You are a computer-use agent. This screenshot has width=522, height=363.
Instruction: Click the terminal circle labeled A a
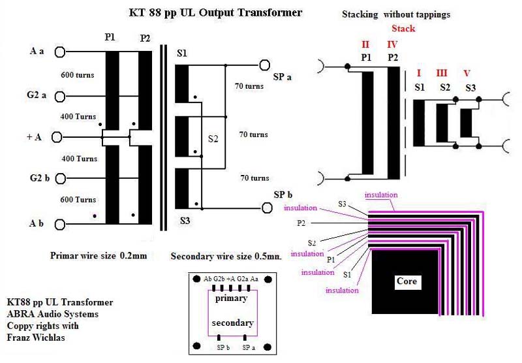59,51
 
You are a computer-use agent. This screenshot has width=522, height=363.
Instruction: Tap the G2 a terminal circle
59,97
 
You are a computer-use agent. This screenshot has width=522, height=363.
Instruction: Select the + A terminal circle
57,138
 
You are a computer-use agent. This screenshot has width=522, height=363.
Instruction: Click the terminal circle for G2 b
59,178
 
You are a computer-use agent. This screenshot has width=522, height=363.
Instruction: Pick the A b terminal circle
59,224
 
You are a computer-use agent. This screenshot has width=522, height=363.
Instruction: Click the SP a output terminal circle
264,65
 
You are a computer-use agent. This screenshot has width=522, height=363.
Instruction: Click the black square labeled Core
406,281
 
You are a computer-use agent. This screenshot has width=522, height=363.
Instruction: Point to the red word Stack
403,29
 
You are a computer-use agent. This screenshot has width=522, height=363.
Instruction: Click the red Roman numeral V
466,73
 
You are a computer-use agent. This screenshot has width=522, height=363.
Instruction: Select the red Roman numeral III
442,73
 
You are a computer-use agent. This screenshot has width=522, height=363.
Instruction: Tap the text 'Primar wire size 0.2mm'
98,255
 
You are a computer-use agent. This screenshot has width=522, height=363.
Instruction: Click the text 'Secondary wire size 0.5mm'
226,257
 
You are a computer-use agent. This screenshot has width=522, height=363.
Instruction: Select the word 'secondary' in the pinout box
232,323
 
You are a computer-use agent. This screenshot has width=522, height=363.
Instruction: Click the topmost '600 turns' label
78,74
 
